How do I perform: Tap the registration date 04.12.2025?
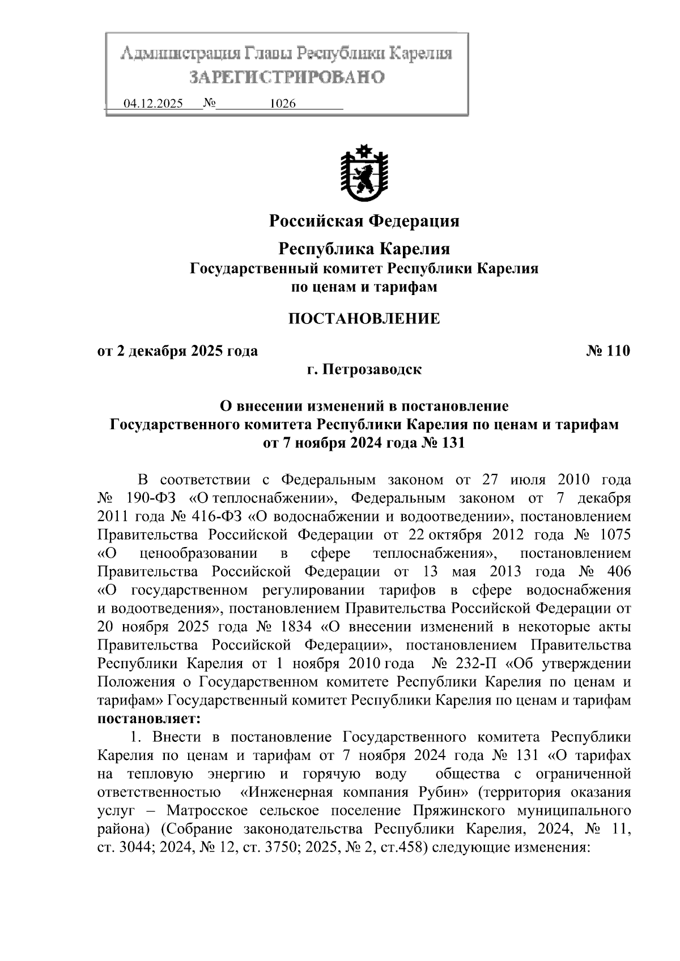[153, 104]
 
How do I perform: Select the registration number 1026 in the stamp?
[283, 104]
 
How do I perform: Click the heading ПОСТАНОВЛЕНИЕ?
[364, 319]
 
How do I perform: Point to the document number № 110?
[607, 351]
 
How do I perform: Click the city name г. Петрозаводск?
[364, 370]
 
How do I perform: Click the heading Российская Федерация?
[364, 220]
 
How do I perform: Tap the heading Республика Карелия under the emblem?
[364, 249]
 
